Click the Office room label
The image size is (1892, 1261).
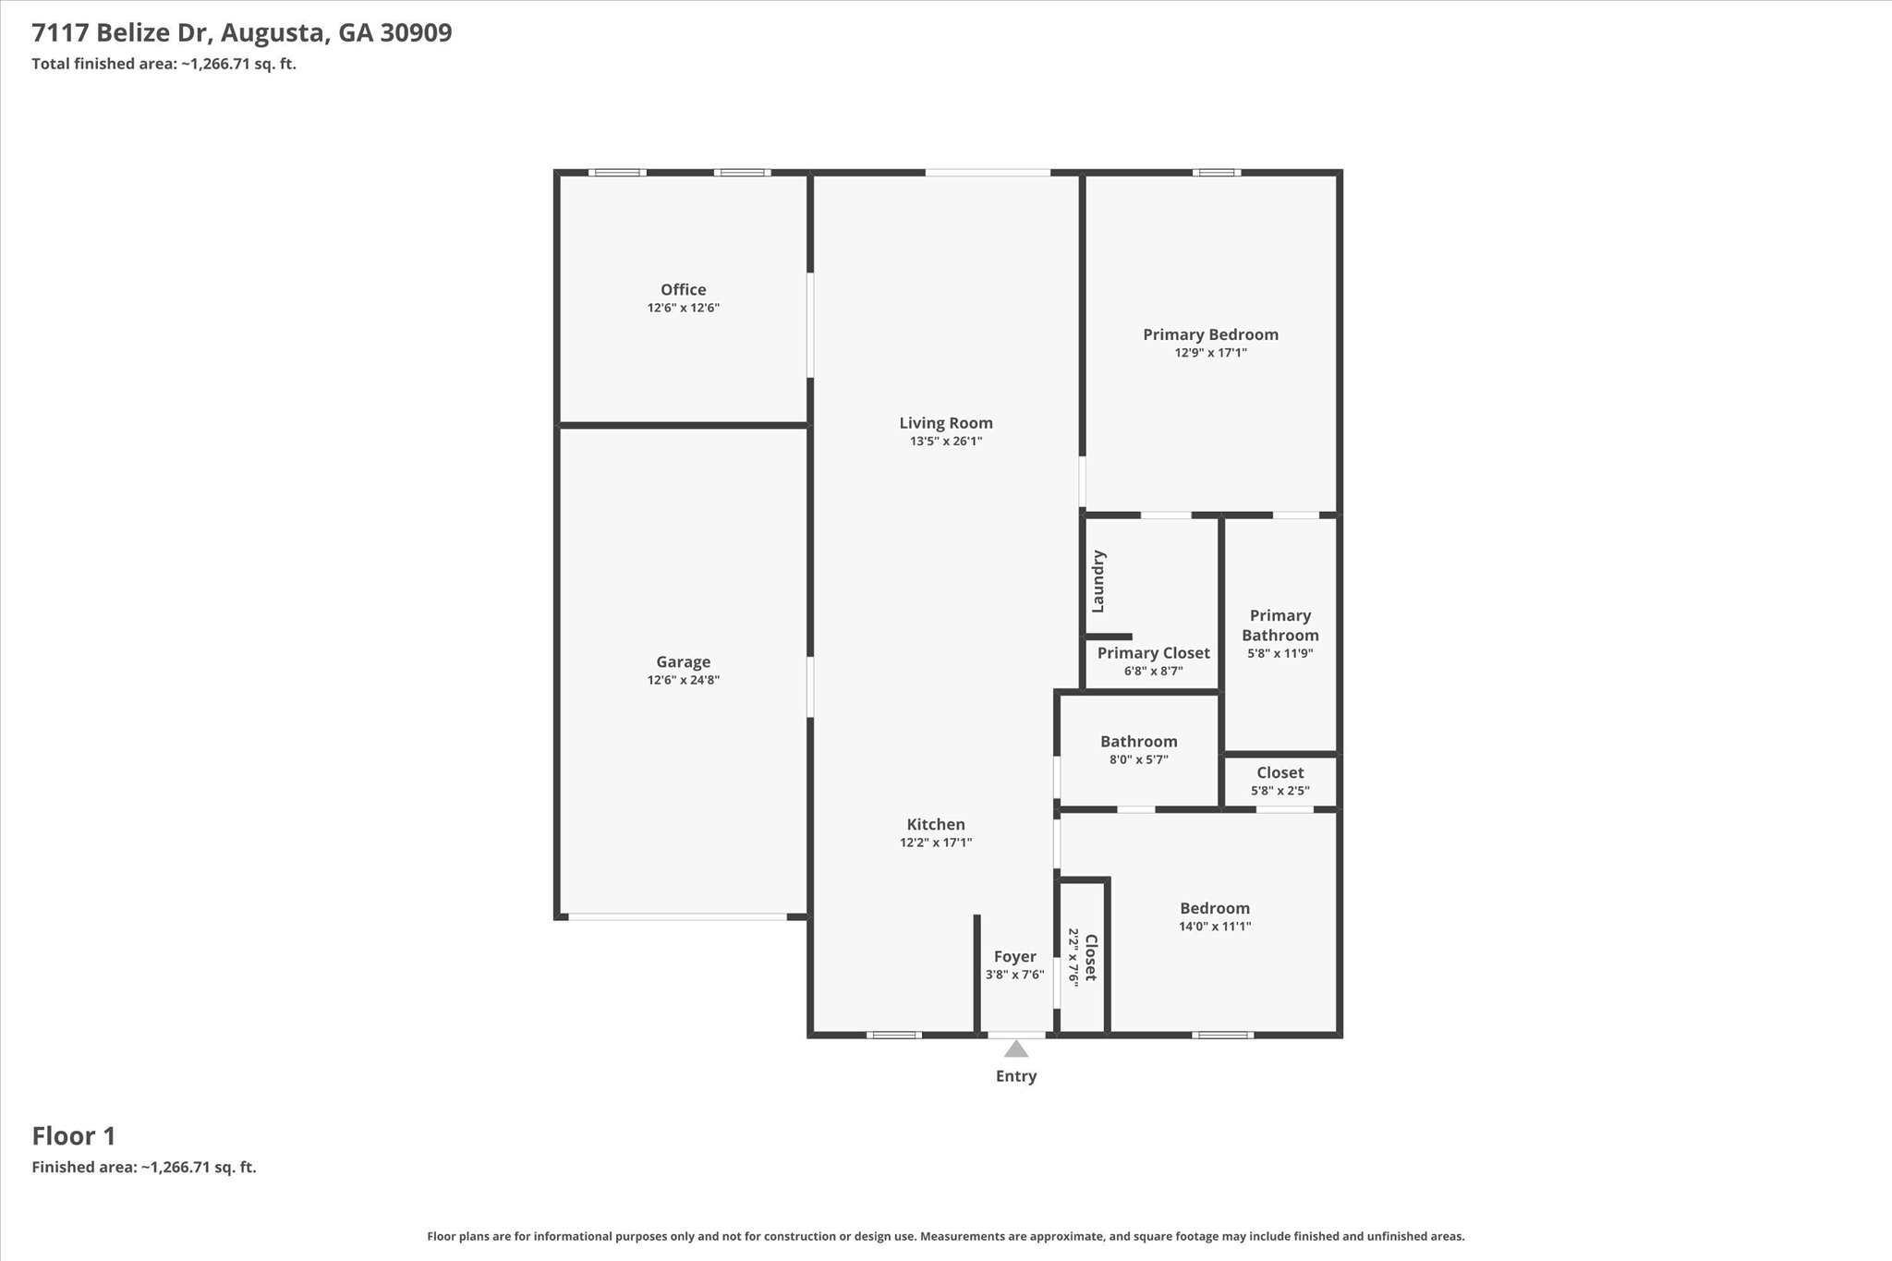683,290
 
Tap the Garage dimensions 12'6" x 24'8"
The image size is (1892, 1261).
683,681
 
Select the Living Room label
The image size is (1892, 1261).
946,423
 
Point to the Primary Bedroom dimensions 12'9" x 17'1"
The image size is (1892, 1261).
1210,353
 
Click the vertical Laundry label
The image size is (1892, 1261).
1098,581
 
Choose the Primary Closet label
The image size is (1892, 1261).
1153,653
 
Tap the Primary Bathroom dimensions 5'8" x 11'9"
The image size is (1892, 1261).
1280,653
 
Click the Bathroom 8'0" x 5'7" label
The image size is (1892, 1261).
1138,742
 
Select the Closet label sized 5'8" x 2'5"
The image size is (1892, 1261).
1280,773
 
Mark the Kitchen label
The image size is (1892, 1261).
936,825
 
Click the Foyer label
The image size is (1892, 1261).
1014,957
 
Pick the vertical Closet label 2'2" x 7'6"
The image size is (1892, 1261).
1090,958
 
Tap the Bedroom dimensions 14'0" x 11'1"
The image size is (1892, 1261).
1214,927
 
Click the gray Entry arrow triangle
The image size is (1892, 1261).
1016,1049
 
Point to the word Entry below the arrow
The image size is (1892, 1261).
1016,1076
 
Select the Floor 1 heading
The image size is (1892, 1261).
74,1136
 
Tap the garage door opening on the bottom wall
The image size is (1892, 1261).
677,916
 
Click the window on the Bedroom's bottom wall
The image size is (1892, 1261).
1222,1035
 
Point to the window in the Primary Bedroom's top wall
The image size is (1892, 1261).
1216,173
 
